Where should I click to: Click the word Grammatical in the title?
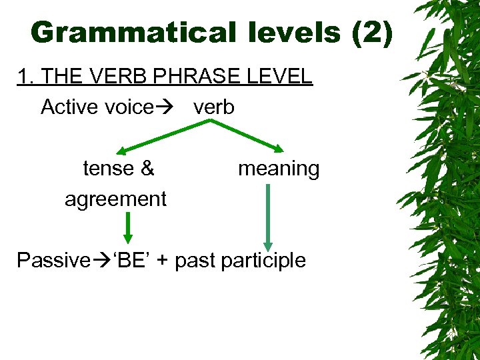(x=124, y=32)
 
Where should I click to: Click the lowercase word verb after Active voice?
(x=214, y=107)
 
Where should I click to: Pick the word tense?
(x=109, y=169)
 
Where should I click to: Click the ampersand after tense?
(x=147, y=169)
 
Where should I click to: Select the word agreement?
(x=115, y=199)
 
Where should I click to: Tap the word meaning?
(x=279, y=169)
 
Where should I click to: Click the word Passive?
(x=53, y=260)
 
